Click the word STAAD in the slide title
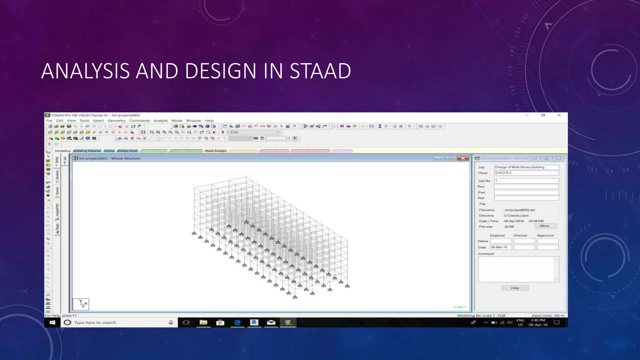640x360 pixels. coord(320,71)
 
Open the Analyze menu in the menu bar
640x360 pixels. coord(161,121)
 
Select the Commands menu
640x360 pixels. coord(139,121)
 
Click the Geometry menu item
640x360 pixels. coord(117,121)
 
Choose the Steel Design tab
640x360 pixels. coord(216,151)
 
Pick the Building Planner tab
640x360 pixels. coord(87,151)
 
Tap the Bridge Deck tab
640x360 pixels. coord(127,151)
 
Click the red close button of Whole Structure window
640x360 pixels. coord(463,158)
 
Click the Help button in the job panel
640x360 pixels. coord(515,288)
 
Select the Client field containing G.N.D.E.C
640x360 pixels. coord(526,173)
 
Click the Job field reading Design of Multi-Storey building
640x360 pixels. coord(526,167)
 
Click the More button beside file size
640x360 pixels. coord(545,226)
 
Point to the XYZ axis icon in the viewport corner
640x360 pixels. coord(81,304)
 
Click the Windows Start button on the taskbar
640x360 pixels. coord(52,322)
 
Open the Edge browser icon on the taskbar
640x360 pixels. coord(237,322)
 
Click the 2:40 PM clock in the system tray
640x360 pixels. coord(538,320)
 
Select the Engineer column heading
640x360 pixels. coord(497,235)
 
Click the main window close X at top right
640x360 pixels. coord(559,115)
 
